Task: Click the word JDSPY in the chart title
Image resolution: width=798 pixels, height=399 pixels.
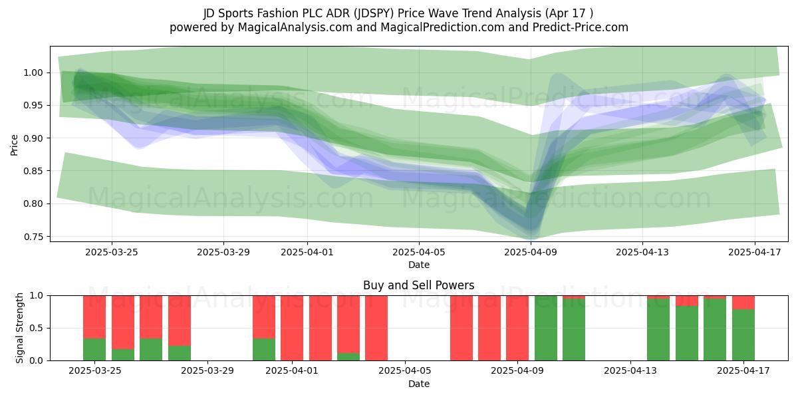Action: [x=374, y=13]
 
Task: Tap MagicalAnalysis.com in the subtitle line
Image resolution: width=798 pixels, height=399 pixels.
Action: [x=295, y=27]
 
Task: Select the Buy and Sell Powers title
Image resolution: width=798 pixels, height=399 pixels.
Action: [x=418, y=285]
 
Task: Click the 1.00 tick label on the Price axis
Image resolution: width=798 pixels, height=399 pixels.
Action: [x=33, y=72]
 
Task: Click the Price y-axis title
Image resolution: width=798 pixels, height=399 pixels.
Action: [x=14, y=145]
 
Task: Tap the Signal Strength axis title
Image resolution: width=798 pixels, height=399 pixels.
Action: [x=19, y=328]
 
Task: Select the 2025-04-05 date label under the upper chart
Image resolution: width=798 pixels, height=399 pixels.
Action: [x=419, y=252]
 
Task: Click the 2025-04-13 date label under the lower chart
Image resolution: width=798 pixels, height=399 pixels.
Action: [x=630, y=370]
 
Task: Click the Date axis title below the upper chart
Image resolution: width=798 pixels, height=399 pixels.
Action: [x=419, y=265]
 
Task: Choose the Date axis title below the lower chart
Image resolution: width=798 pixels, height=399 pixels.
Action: [x=419, y=384]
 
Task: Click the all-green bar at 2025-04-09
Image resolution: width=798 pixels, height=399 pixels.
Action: [x=546, y=328]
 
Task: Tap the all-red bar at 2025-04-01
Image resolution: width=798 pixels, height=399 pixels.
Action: [x=292, y=328]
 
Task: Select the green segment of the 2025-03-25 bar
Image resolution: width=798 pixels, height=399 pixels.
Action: [x=94, y=350]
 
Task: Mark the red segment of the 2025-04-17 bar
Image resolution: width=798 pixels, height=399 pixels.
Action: [x=743, y=303]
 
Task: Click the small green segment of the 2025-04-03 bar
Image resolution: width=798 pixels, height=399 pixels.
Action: [x=348, y=357]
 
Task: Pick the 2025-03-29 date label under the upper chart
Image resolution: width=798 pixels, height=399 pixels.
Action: [x=223, y=252]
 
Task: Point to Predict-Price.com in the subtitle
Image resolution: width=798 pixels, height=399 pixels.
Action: [x=581, y=27]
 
